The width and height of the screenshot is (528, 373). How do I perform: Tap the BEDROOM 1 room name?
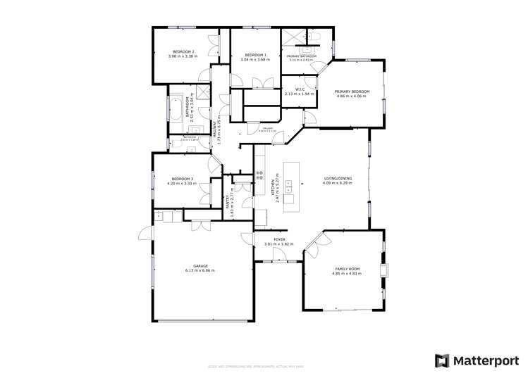(254, 55)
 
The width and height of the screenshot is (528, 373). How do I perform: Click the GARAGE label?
(199, 266)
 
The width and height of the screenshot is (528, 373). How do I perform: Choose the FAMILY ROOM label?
(347, 270)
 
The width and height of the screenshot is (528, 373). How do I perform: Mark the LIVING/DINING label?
(338, 179)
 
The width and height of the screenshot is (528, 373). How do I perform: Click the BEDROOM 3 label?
(180, 179)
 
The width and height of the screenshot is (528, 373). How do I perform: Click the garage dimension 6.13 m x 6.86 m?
(199, 271)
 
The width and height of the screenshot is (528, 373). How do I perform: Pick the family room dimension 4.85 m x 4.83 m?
(347, 274)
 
